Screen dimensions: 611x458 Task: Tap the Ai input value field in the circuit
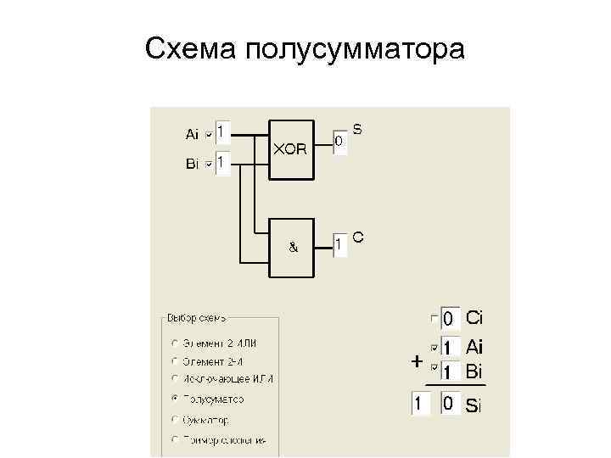coord(222,132)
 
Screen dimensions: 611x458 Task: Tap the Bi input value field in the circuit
coord(222,162)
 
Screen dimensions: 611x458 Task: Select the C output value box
coord(339,246)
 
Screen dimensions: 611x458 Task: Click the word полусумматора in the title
coord(356,49)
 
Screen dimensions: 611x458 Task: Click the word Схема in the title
coord(191,49)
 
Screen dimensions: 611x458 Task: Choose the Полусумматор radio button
coord(174,398)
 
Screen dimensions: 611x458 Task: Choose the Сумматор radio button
coord(174,419)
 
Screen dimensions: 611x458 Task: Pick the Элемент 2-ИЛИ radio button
coord(174,343)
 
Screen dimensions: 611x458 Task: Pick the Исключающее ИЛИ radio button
coord(174,378)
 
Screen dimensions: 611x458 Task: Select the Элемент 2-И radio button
coord(174,360)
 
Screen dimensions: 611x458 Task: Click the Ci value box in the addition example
coord(451,319)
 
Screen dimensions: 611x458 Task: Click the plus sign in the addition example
coord(417,361)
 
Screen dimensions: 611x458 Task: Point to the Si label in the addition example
coord(474,405)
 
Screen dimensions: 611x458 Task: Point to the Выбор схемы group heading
coord(197,318)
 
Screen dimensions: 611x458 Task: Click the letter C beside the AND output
coord(358,238)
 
